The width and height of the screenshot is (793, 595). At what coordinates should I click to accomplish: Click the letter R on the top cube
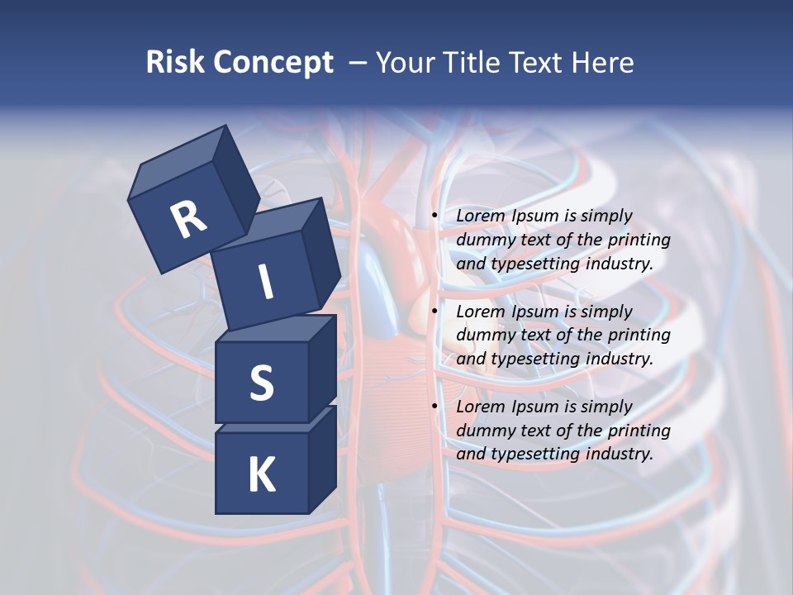pyautogui.click(x=188, y=221)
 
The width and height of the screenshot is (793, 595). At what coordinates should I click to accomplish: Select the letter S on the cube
pyautogui.click(x=261, y=383)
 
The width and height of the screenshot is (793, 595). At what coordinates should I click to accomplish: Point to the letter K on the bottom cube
pyautogui.click(x=261, y=475)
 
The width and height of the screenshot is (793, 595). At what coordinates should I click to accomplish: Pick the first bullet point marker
pyautogui.click(x=434, y=216)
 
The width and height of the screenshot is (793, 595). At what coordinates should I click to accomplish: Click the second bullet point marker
pyautogui.click(x=434, y=312)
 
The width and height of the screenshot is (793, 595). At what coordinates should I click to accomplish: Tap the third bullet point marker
pyautogui.click(x=434, y=407)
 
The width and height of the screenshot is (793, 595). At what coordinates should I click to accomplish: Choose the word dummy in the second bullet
pyautogui.click(x=485, y=336)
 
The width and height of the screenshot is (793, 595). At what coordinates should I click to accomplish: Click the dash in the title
pyautogui.click(x=358, y=63)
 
